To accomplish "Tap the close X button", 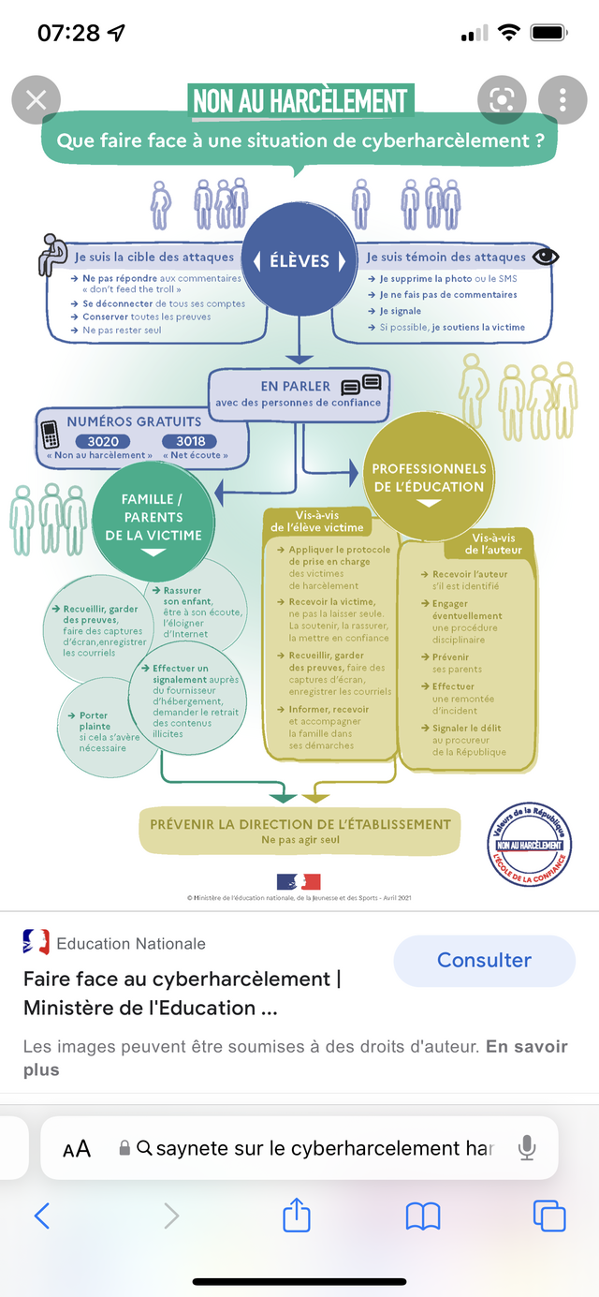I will (x=36, y=99).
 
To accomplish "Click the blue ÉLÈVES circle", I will (x=299, y=260).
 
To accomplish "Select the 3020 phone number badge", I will (x=103, y=441).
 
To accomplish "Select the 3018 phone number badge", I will (x=190, y=441).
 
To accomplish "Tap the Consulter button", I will (x=484, y=960).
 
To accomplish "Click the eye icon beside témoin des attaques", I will (x=545, y=256).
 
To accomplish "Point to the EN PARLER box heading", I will (x=296, y=386).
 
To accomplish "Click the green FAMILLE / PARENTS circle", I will (x=153, y=518).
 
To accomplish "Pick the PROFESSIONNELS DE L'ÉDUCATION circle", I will (x=429, y=479).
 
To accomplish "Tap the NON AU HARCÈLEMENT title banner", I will (x=300, y=100).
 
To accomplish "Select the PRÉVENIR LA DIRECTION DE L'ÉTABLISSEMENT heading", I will (x=300, y=824).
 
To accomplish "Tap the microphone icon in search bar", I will (x=528, y=1147).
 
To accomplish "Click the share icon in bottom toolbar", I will (x=296, y=1216).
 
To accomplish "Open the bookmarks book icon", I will (x=422, y=1216).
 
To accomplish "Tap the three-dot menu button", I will (x=562, y=99).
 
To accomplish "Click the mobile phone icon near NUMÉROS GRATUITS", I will (x=51, y=435).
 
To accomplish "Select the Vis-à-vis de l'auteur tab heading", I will (x=493, y=543).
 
